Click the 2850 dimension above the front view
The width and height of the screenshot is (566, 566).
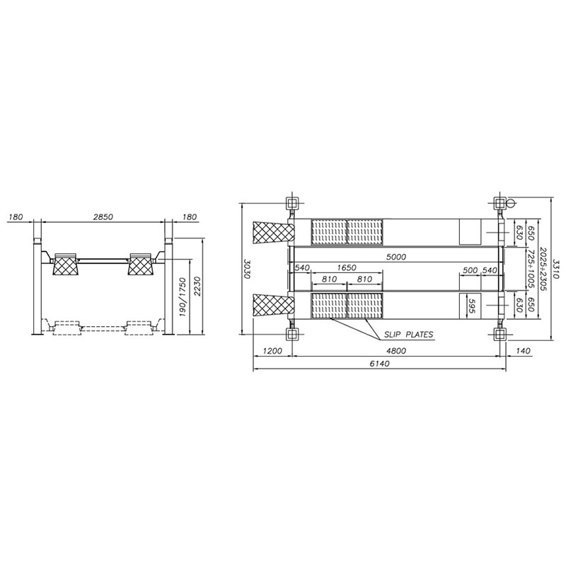[x=103, y=217]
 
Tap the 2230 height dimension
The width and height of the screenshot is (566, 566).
[x=197, y=287]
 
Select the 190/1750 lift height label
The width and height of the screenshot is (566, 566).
[x=183, y=297]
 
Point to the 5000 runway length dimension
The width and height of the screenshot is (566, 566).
[x=396, y=257]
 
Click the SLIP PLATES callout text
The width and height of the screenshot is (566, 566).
[x=408, y=335]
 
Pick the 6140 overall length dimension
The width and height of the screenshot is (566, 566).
[x=379, y=364]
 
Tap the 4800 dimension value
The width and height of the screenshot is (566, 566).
[x=396, y=351]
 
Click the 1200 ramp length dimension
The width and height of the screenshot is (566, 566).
[x=272, y=351]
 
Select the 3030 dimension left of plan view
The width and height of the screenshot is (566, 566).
[x=248, y=268]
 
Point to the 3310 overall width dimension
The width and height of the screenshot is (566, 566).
[x=556, y=269]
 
